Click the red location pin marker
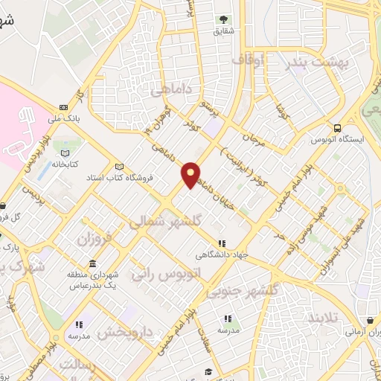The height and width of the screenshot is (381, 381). pyautogui.click(x=191, y=173)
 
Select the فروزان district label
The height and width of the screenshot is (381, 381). pyautogui.click(x=94, y=240)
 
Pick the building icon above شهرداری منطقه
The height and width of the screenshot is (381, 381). pyautogui.click(x=92, y=264)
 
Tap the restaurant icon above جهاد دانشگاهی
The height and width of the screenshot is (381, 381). pyautogui.click(x=221, y=243)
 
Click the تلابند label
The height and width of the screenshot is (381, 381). pyautogui.click(x=321, y=317)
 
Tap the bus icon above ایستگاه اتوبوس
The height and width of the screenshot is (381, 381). pyautogui.click(x=339, y=127)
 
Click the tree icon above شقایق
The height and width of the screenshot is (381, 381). pyautogui.click(x=223, y=19)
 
